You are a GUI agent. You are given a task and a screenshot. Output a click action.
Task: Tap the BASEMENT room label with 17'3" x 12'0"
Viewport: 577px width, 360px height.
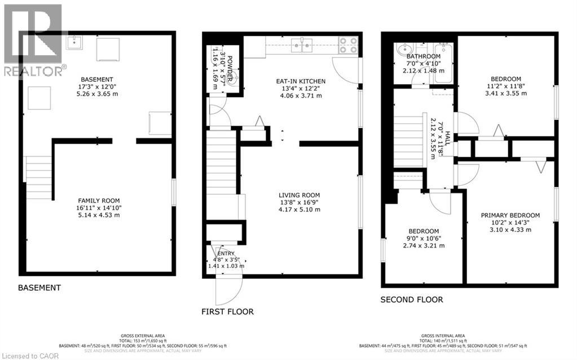point(96,79)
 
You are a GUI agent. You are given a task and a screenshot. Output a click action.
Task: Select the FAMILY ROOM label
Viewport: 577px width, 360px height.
point(99,200)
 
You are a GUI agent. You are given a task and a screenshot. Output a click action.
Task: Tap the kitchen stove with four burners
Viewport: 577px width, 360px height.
point(348,45)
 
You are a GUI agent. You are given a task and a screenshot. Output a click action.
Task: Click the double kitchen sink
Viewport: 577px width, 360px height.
point(302,45)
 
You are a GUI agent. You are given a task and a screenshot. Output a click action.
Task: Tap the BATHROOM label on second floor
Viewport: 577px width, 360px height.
point(423,56)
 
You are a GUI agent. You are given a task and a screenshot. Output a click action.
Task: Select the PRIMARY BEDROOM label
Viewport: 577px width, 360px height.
point(510,215)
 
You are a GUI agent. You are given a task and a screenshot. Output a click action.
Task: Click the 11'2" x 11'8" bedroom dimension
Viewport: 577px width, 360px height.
point(505,86)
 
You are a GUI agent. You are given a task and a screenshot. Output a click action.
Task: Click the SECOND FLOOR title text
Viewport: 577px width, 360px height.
point(411,300)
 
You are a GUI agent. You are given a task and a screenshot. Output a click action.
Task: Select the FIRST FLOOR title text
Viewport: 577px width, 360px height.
point(227,311)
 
